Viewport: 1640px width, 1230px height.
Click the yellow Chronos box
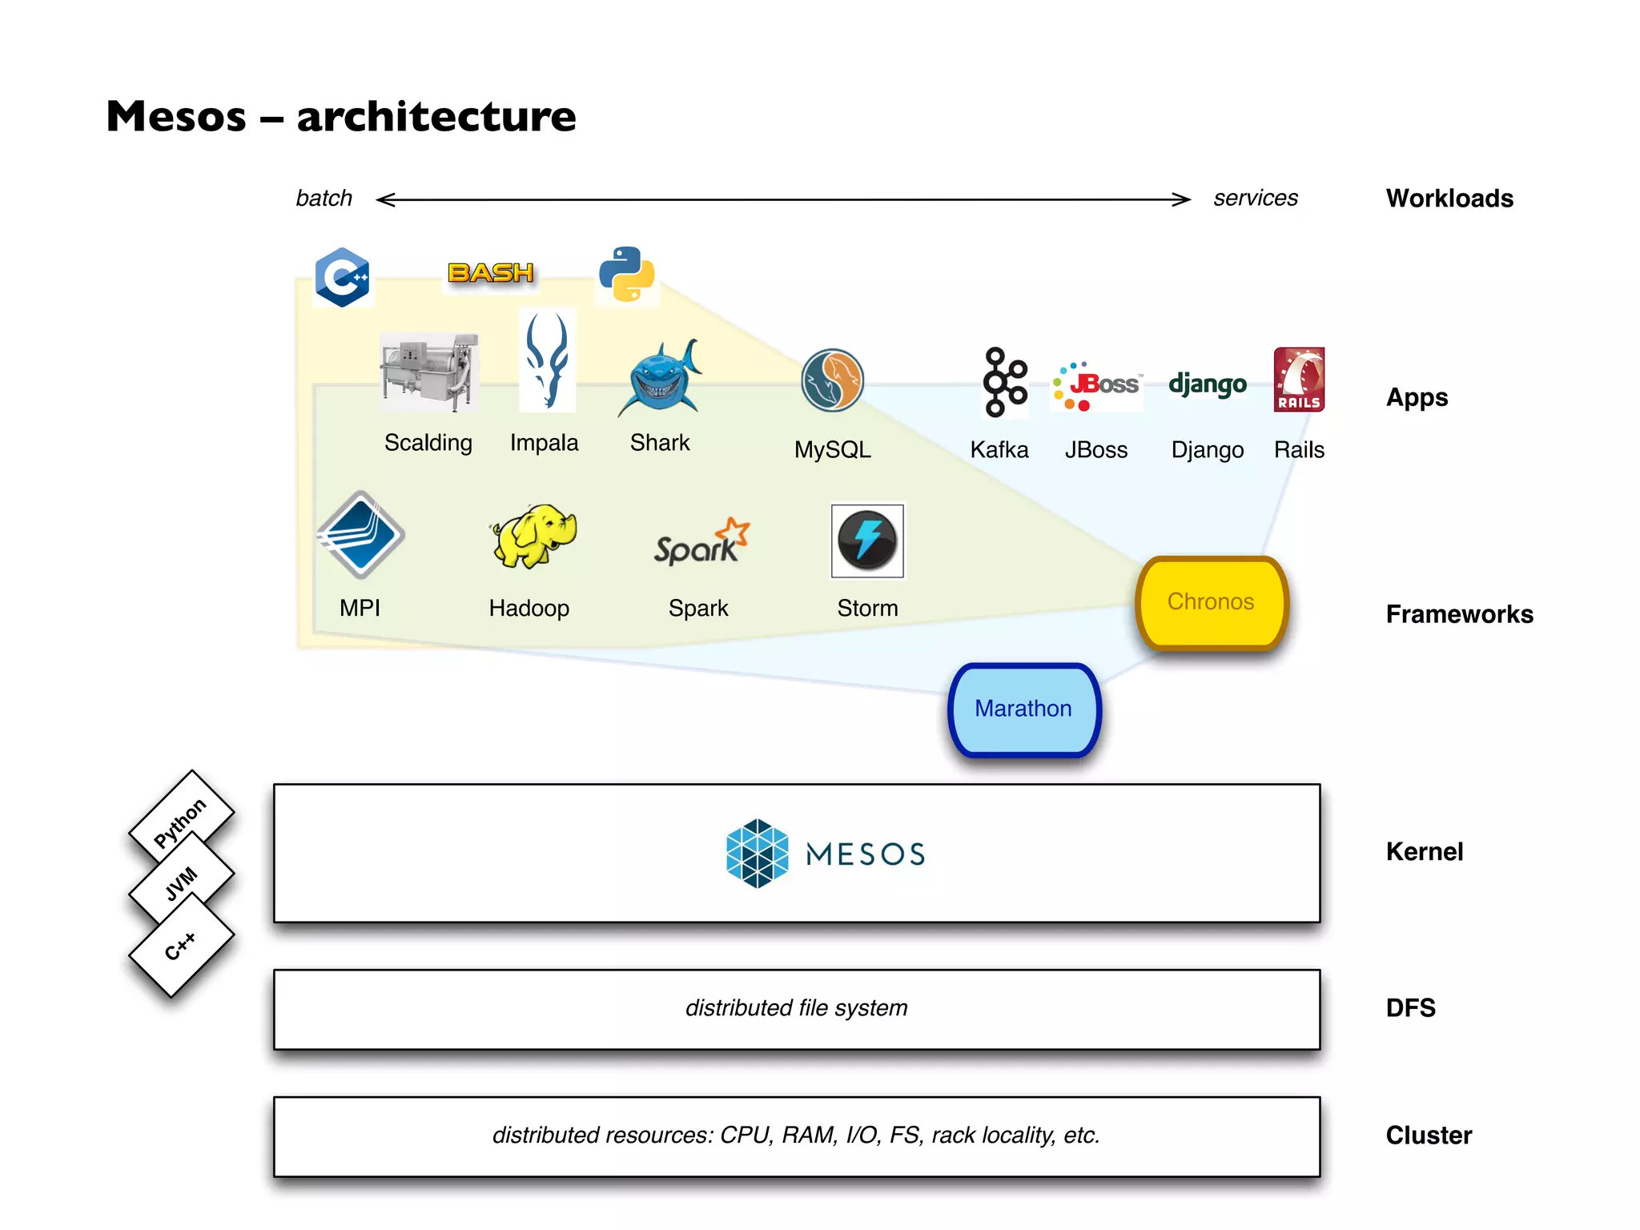(1211, 602)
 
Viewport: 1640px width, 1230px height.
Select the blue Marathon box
(1023, 709)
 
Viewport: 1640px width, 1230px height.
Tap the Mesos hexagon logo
(757, 854)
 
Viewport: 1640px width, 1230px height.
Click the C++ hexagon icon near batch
(342, 277)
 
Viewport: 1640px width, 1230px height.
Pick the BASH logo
(490, 273)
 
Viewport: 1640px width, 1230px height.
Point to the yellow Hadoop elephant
(533, 536)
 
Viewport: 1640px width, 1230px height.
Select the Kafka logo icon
(1004, 382)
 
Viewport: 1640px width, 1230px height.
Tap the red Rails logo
(1299, 380)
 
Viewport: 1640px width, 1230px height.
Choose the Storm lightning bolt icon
(867, 541)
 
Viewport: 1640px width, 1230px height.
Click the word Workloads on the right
(1449, 199)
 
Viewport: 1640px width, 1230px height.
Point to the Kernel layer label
(1424, 852)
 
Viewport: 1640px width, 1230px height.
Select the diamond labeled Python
(181, 821)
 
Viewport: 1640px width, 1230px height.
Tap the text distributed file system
(796, 1008)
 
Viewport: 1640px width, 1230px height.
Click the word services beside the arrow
(1255, 199)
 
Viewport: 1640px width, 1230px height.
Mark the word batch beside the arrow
(324, 199)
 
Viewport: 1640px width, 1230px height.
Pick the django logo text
(1207, 384)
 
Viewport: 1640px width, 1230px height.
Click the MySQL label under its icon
(832, 450)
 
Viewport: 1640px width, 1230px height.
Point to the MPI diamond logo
(360, 535)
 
